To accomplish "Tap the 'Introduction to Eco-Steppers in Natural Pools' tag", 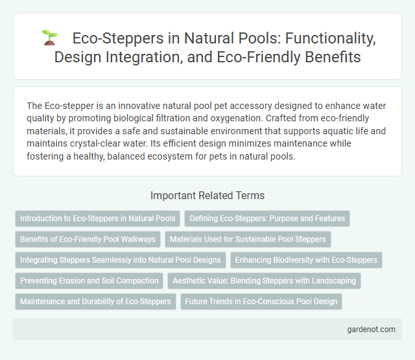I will click(97, 219).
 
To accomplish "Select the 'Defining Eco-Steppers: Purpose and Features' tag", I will click(267, 219).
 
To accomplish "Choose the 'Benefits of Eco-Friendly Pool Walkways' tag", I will click(88, 239).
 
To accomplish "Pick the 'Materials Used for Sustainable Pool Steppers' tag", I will click(248, 239).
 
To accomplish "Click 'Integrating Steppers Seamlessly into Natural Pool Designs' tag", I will click(120, 260).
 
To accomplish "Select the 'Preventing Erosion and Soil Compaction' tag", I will click(89, 281).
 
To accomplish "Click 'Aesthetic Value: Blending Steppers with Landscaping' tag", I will click(265, 281).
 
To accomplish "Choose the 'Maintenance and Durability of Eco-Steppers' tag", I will click(95, 302).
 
